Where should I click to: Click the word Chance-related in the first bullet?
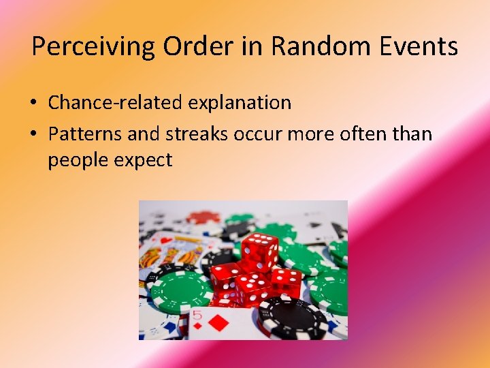coord(116,103)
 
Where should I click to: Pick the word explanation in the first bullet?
coord(240,103)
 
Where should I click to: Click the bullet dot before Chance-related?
coord(33,104)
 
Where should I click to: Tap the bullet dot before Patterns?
coord(33,134)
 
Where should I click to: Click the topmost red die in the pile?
coord(259,251)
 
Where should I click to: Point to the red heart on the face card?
coord(165,241)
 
